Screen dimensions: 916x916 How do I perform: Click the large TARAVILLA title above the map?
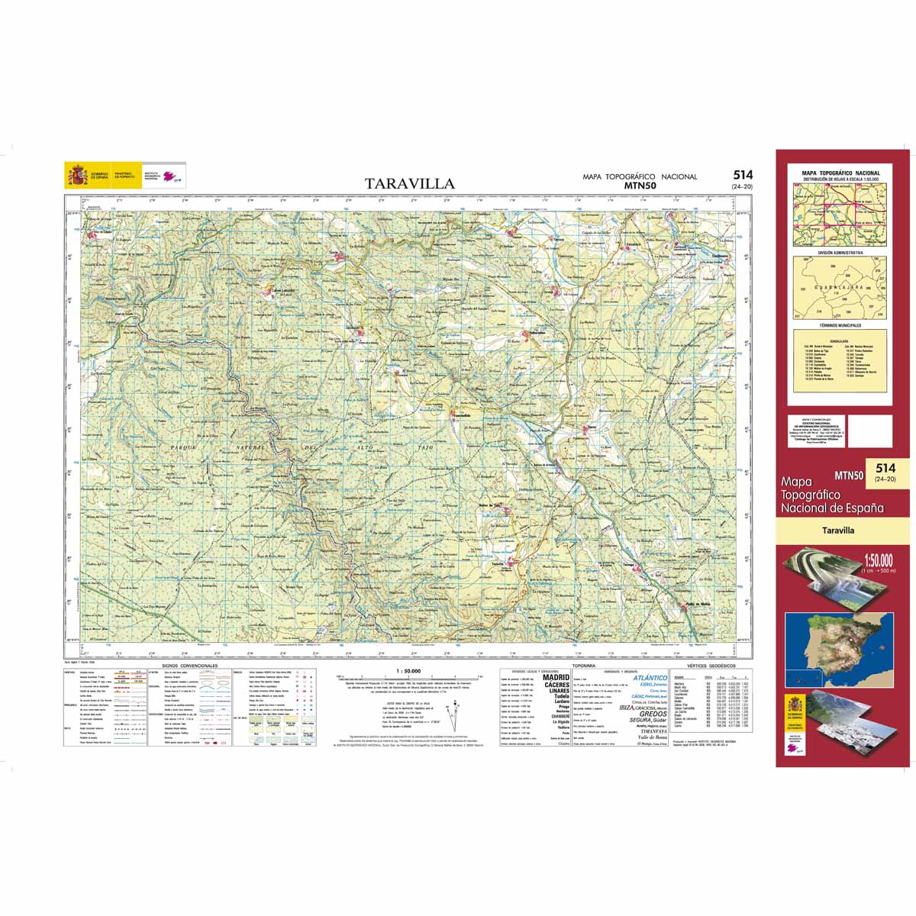[409, 184]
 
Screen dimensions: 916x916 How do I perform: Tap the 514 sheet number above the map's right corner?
[742, 176]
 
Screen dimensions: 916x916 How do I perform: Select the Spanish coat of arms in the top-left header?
[77, 176]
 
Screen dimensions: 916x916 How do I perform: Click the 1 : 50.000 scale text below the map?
[409, 671]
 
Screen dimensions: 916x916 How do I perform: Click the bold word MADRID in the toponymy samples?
[556, 677]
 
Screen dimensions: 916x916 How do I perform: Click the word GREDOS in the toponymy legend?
[653, 714]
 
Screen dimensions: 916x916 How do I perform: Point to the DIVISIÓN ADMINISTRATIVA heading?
[839, 251]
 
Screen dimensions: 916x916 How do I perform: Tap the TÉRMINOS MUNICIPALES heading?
[839, 325]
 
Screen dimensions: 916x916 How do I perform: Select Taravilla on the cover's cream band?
[838, 530]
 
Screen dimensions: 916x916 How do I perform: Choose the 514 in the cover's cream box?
[885, 468]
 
